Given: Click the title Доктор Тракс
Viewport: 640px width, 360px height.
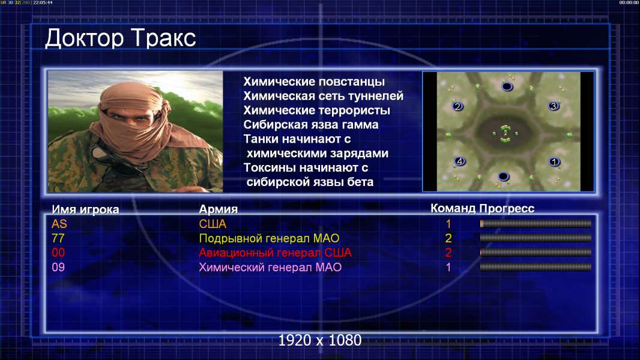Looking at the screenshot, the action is click(121, 39).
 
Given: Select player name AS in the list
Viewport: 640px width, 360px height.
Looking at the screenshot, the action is click(59, 224).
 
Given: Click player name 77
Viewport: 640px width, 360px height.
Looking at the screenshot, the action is click(58, 238).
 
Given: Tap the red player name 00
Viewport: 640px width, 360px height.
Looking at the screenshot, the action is click(58, 253).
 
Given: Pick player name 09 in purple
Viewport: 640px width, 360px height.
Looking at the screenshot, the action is click(58, 268).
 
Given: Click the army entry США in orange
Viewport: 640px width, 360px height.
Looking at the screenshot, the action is click(213, 224).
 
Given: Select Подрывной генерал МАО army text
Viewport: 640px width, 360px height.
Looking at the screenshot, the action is click(269, 238).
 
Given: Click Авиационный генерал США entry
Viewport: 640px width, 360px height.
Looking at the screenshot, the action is click(275, 253).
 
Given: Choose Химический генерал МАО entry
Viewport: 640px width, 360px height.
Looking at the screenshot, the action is click(270, 268).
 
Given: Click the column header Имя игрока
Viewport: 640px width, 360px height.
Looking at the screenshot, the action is click(85, 209).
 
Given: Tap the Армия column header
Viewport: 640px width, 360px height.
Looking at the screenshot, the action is click(219, 209).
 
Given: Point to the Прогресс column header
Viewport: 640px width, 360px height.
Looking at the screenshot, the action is click(507, 209).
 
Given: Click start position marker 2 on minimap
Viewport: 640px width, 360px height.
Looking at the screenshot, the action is click(457, 106).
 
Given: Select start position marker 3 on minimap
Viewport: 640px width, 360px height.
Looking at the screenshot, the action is click(554, 106).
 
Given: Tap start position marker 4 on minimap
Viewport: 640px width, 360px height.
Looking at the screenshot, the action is click(460, 161).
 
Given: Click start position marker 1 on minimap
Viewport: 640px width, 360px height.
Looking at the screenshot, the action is click(554, 162).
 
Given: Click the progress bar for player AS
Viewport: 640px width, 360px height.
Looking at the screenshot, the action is click(536, 223).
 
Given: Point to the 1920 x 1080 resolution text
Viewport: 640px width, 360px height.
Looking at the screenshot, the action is click(320, 340).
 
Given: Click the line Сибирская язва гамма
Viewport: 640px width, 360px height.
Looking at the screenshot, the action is click(311, 125).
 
